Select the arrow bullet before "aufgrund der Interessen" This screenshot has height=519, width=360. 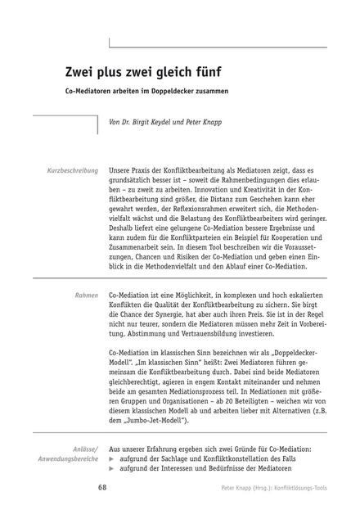pyautogui.click(x=112, y=472)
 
